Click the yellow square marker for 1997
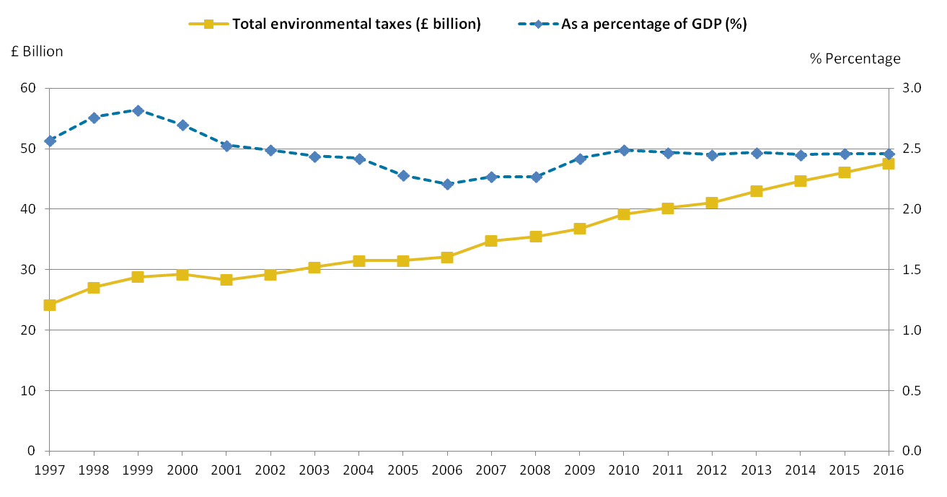point(50,305)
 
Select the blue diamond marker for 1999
point(138,110)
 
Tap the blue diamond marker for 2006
point(447,184)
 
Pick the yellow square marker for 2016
point(889,164)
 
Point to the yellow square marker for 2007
point(491,241)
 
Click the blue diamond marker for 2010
point(624,150)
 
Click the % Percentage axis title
point(855,58)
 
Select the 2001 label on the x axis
point(226,470)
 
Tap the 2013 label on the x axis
point(756,470)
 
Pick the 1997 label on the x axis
point(50,470)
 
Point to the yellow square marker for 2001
point(226,280)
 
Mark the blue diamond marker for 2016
point(889,154)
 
